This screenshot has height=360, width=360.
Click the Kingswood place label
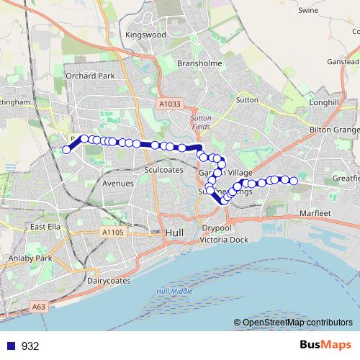(145, 34)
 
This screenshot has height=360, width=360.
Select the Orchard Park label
(90, 75)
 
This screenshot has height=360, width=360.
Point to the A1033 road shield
(168, 104)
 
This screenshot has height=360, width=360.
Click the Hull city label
(175, 233)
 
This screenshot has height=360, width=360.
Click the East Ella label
(44, 226)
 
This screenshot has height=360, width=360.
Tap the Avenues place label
(118, 184)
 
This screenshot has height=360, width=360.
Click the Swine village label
(308, 11)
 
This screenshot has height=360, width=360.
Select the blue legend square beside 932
(10, 346)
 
